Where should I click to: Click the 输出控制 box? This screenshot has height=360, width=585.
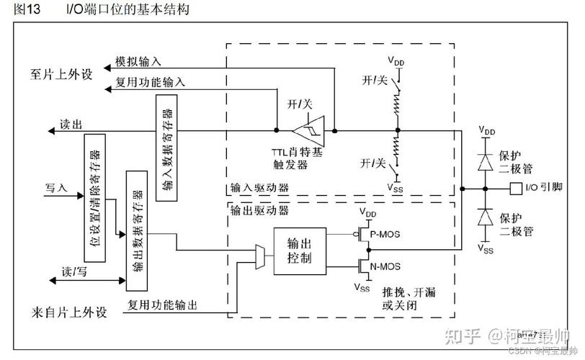pyautogui.click(x=298, y=249)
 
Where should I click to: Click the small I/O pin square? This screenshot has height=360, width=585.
pyautogui.click(x=514, y=189)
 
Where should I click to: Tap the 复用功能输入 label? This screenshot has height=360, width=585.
pyautogui.click(x=150, y=82)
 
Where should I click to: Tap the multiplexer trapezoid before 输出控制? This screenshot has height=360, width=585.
pyautogui.click(x=260, y=257)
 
